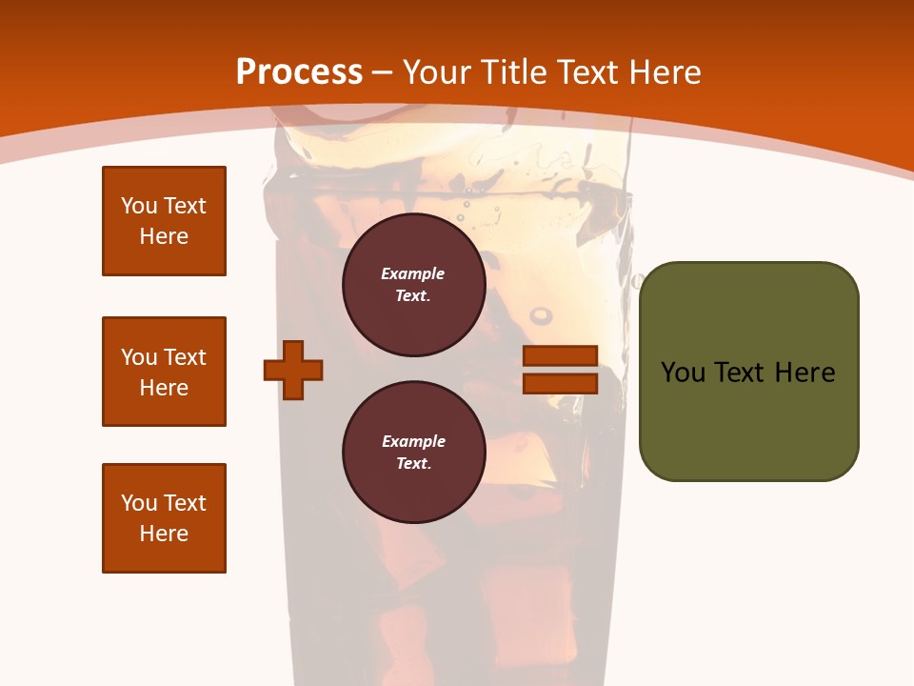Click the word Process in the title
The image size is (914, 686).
[x=299, y=71]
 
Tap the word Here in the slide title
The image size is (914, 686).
[x=666, y=71]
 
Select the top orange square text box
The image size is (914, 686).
[x=164, y=221]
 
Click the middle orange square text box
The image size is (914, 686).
[x=164, y=372]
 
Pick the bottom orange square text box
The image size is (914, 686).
[x=164, y=518]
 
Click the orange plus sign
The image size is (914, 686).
[x=293, y=370]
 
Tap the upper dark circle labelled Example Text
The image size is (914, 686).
[x=413, y=285]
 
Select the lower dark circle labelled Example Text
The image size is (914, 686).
[x=413, y=453]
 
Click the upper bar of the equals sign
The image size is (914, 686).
[x=560, y=356]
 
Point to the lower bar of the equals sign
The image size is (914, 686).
[x=560, y=383]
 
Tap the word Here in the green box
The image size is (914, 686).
[x=805, y=373]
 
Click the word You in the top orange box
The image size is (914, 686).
[x=138, y=206]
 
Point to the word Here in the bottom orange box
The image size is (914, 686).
[x=164, y=534]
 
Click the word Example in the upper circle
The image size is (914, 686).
[x=413, y=273]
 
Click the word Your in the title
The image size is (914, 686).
[x=437, y=71]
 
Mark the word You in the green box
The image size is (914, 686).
[x=683, y=373]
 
